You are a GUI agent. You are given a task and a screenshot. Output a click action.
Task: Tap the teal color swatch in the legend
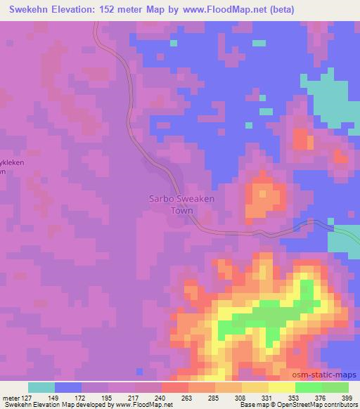click(41, 387)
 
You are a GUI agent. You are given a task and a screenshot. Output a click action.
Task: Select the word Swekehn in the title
click(25, 9)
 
